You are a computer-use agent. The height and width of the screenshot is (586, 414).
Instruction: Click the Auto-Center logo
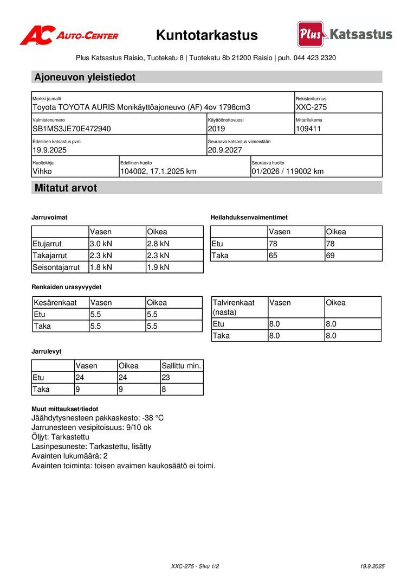coord(69,36)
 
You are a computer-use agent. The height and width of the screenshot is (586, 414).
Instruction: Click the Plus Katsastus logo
coord(345,34)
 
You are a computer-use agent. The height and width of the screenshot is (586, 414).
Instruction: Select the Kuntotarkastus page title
coord(207,35)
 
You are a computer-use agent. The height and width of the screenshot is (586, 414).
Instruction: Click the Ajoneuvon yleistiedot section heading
coord(85,77)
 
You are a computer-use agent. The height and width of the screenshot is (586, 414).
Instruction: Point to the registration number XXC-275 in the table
coord(311,107)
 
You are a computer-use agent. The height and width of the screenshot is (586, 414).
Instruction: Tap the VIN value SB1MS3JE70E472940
coord(72,129)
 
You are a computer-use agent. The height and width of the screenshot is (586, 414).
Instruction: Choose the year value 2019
coord(216,129)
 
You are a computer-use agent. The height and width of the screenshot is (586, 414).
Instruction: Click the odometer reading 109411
coord(309,129)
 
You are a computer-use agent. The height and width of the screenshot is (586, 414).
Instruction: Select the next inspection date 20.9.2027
coord(225,150)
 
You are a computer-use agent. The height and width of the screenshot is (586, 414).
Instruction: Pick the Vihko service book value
coord(42,171)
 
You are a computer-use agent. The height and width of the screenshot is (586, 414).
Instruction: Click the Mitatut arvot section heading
coord(66,188)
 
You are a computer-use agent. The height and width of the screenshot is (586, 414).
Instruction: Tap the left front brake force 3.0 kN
coord(101,244)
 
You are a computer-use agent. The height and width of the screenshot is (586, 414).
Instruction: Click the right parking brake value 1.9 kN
coord(158,267)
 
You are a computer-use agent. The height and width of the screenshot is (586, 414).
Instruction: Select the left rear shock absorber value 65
coord(273,255)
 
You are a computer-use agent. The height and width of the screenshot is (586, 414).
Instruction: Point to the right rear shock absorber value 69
coord(331,255)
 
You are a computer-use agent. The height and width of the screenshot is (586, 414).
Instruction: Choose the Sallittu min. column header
coord(181,366)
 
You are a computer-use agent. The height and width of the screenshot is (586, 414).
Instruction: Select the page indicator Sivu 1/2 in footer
coord(207,566)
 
